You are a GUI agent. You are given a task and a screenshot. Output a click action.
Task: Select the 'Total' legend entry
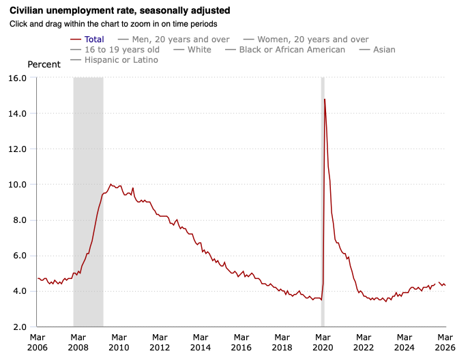[x=93, y=40]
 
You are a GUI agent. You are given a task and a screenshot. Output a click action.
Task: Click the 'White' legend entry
[x=199, y=50]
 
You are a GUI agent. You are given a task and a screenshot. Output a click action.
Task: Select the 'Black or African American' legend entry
[x=292, y=50]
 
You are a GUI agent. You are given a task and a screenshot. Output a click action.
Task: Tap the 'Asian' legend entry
[x=383, y=50]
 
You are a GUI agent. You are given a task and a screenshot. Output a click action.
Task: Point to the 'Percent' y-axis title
[x=44, y=64]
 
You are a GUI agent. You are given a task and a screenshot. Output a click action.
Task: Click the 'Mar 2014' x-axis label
[x=200, y=342]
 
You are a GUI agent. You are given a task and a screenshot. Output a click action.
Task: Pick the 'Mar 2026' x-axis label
[x=445, y=342]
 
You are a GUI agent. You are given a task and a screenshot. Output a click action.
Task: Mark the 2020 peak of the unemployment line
[x=325, y=100]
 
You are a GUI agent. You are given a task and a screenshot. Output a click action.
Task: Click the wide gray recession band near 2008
[x=88, y=205]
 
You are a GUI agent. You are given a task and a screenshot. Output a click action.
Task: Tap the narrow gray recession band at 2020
[x=323, y=205]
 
